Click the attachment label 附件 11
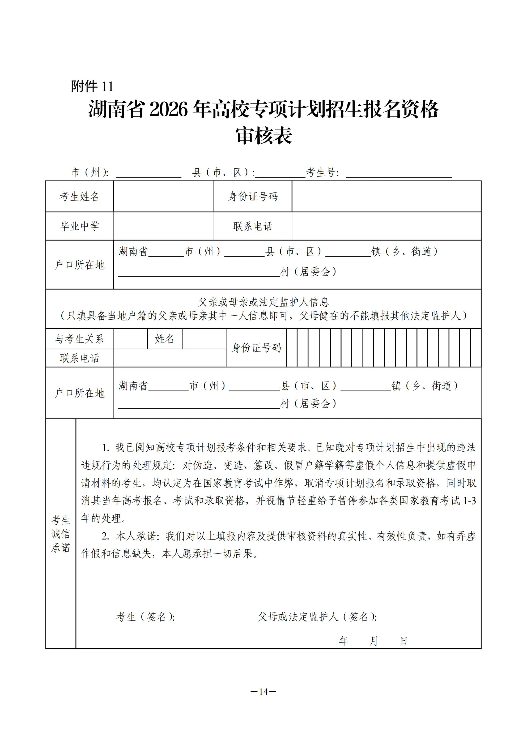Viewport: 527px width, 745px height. pyautogui.click(x=92, y=87)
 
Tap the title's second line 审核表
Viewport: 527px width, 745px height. pyautogui.click(x=264, y=136)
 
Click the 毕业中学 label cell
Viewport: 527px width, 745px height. pyautogui.click(x=79, y=226)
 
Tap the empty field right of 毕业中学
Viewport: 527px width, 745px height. pyautogui.click(x=163, y=226)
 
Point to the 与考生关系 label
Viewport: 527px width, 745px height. pyautogui.click(x=79, y=339)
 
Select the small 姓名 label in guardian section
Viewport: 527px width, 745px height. pyautogui.click(x=165, y=339)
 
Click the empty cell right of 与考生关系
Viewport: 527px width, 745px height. pyautogui.click(x=130, y=339)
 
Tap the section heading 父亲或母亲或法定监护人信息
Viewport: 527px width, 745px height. pyautogui.click(x=264, y=302)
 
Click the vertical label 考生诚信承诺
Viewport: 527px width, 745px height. pyautogui.click(x=61, y=534)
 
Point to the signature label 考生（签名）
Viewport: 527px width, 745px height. pyautogui.click(x=145, y=617)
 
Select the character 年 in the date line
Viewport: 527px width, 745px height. pyautogui.click(x=343, y=641)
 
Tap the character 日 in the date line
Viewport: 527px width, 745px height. pyautogui.click(x=403, y=641)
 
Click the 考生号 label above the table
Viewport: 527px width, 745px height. pyautogui.click(x=322, y=173)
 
